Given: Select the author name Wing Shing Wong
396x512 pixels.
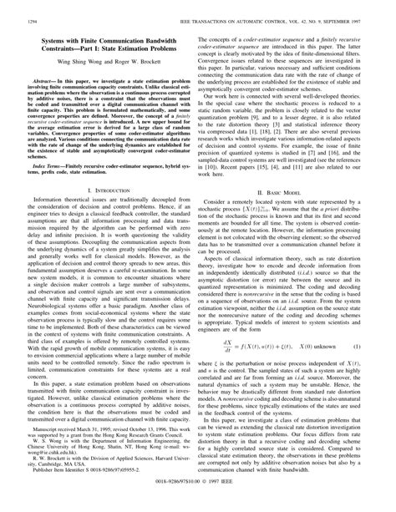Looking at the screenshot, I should pos(79,60).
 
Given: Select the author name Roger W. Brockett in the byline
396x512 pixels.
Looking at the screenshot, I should pos(145,60).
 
